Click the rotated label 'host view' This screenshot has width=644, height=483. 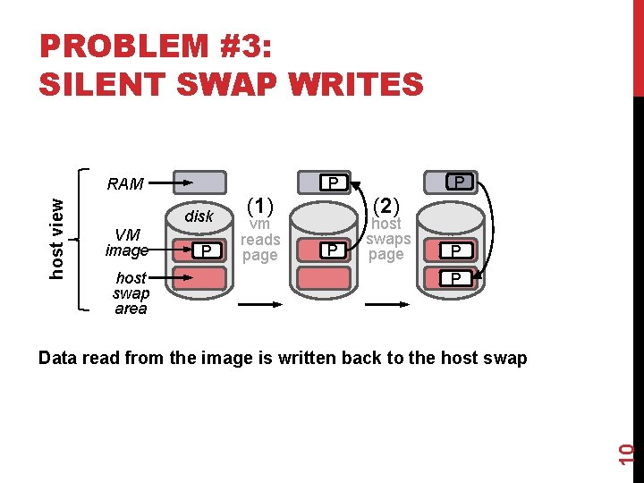(56, 236)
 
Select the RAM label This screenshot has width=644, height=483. (124, 184)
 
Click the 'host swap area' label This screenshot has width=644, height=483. (131, 294)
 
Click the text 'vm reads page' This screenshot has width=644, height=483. (260, 240)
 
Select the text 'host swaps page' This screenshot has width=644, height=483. (386, 239)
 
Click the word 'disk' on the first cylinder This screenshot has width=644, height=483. (199, 216)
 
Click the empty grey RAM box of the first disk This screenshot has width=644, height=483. (199, 182)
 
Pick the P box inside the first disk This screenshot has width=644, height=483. (207, 250)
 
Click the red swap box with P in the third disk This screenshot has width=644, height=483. (456, 279)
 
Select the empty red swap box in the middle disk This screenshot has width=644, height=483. (324, 277)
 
